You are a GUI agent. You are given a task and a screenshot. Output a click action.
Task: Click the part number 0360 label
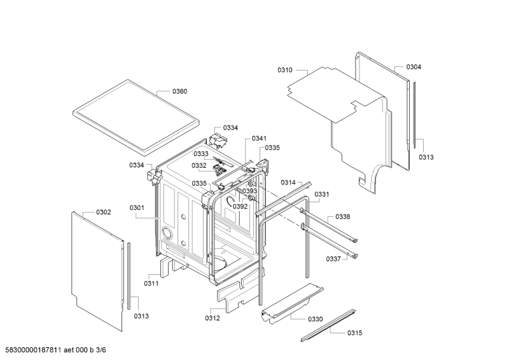click(179, 92)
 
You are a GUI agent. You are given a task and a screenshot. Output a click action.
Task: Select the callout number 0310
click(285, 71)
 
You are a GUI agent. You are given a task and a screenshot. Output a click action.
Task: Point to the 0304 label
click(414, 67)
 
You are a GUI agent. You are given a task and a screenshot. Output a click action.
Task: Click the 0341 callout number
click(260, 139)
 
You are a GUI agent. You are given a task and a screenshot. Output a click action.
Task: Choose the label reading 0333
click(201, 154)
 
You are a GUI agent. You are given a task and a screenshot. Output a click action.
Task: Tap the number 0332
click(199, 165)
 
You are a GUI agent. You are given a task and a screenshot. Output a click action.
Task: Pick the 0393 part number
click(249, 191)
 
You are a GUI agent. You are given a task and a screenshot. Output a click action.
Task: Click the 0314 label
click(289, 183)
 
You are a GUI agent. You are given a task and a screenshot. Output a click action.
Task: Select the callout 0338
click(342, 217)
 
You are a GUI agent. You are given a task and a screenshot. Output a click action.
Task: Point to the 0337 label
click(333, 259)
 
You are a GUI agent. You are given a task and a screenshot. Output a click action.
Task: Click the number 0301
click(137, 207)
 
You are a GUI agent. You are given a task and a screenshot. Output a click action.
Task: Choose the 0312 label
click(213, 318)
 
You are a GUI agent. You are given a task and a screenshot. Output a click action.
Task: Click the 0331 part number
click(323, 195)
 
